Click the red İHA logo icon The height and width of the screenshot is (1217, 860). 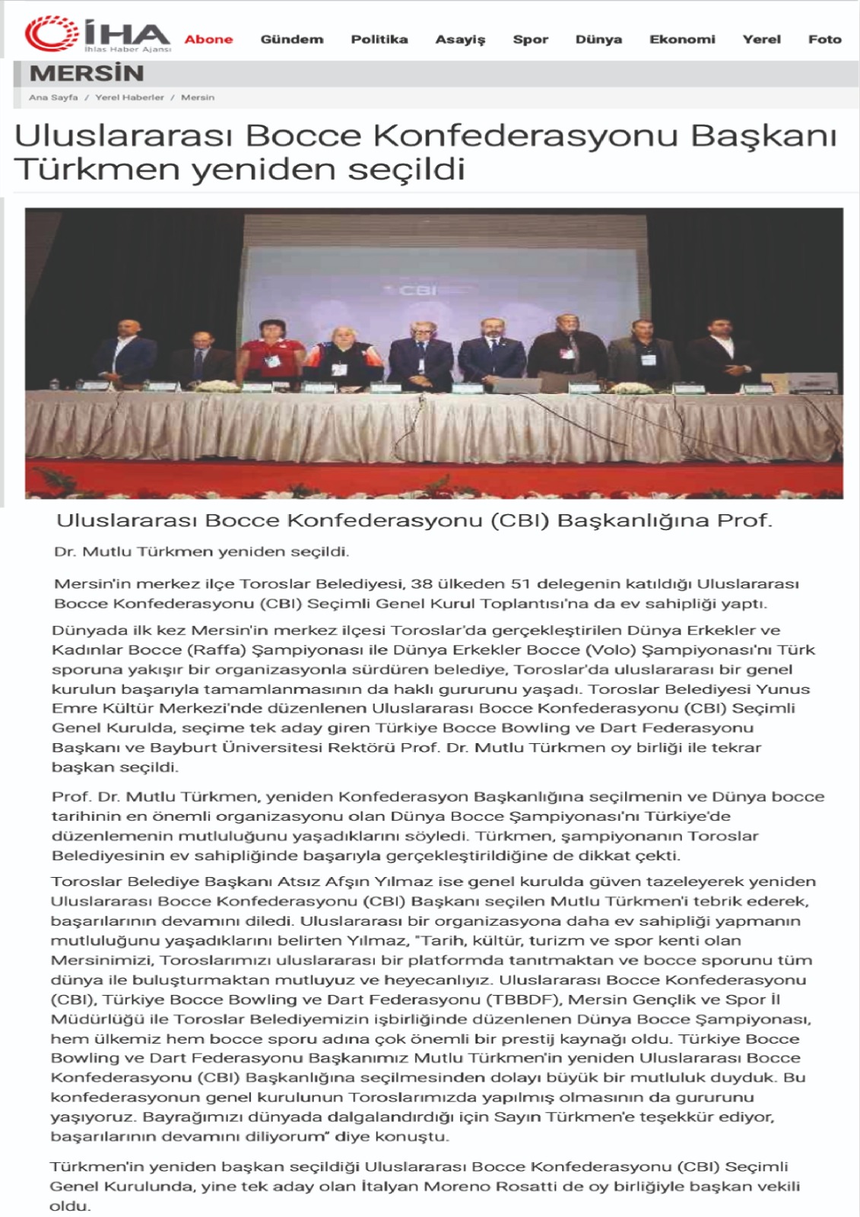click(x=52, y=35)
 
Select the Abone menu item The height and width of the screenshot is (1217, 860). click(x=208, y=40)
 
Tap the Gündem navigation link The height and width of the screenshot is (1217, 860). click(x=291, y=40)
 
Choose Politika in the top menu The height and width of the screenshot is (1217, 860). click(x=379, y=40)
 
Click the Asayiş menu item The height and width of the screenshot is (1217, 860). click(x=460, y=40)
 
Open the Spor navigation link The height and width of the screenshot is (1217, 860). click(x=530, y=40)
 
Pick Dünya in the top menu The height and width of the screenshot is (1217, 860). click(x=598, y=40)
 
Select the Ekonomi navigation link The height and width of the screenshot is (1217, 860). click(x=682, y=40)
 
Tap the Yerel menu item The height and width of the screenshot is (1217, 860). click(x=761, y=40)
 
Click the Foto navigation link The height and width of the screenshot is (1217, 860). click(x=824, y=40)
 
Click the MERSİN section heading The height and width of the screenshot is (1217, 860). click(x=87, y=74)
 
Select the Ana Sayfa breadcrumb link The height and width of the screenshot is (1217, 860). click(x=53, y=97)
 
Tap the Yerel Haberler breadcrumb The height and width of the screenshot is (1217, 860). click(x=129, y=97)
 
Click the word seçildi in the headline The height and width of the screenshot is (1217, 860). click(x=406, y=169)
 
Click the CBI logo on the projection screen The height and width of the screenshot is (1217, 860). click(x=417, y=291)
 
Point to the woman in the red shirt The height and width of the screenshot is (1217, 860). click(x=271, y=353)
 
